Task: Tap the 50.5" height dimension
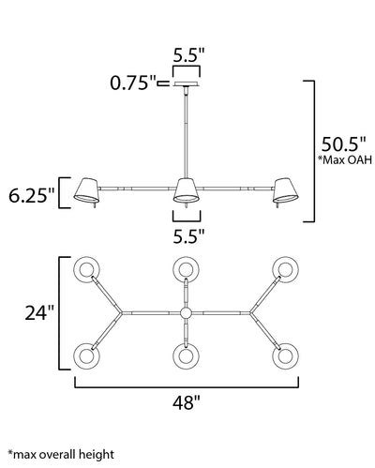point(344,144)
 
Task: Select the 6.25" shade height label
point(32,196)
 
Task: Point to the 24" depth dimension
point(39,312)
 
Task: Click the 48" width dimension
point(187,402)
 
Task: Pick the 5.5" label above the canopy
point(188,56)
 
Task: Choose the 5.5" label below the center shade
point(188,236)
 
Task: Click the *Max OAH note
point(345,160)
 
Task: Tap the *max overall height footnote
point(61,454)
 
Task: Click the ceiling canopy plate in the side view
point(187,83)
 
